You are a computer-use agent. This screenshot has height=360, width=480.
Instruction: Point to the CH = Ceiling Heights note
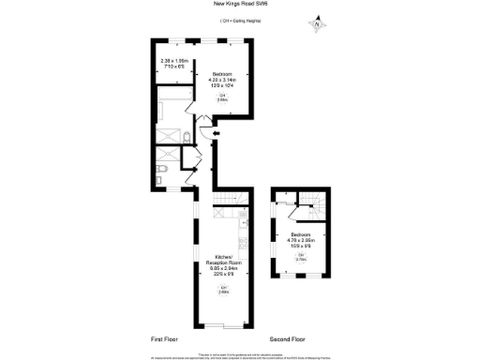point(240,19)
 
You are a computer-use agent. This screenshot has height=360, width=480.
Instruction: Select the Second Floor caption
point(289,337)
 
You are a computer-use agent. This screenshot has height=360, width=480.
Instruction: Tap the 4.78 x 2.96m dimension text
point(301,240)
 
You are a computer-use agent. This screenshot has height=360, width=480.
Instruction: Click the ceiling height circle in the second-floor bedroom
point(301,258)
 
